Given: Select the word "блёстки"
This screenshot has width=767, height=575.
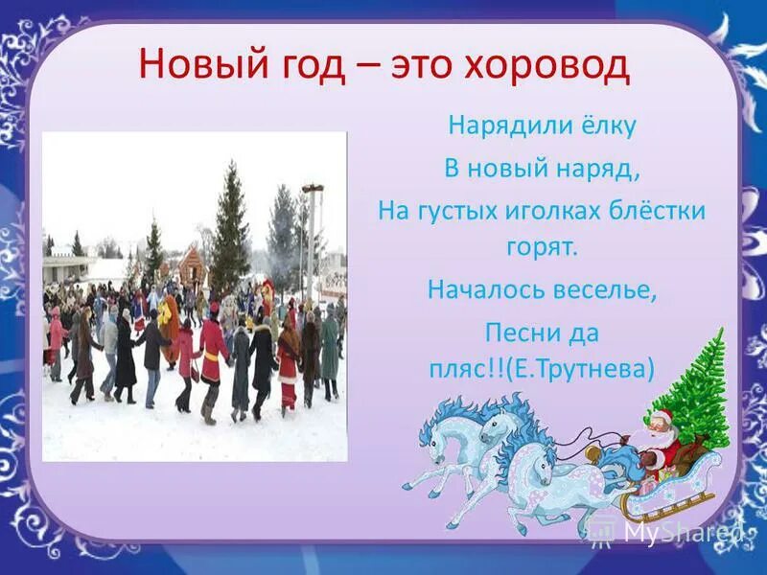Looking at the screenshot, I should pyautogui.click(x=658, y=211).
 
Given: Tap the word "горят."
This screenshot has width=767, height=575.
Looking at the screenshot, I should pyautogui.click(x=543, y=247).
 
